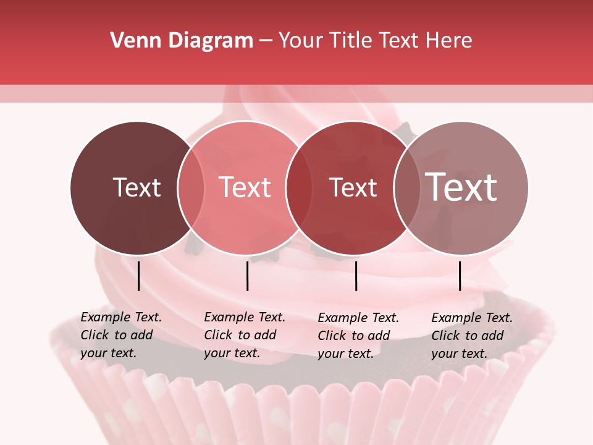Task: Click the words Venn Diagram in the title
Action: point(182,41)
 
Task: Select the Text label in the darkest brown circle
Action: point(137,187)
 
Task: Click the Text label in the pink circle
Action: point(245,187)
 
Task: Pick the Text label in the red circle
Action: point(353,187)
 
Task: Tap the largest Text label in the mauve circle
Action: point(461,187)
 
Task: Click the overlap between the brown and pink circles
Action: point(191,187)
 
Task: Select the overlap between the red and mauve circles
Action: point(405,187)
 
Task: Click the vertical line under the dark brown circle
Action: point(138,276)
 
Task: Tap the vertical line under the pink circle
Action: point(247,276)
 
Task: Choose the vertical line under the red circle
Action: point(356,276)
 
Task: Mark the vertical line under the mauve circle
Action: point(460,276)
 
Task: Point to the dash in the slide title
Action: point(266,41)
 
